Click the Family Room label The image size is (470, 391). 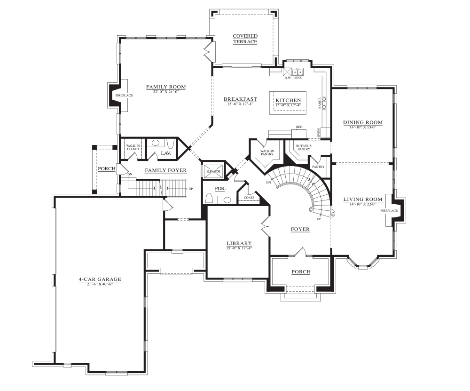(x=166, y=87)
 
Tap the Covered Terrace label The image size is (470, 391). (x=245, y=39)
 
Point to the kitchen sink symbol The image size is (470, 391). (x=298, y=72)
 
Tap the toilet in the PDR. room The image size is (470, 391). (x=210, y=199)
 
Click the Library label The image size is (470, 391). (x=239, y=243)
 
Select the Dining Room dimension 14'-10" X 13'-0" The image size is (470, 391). (x=363, y=127)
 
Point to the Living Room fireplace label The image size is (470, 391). (x=389, y=211)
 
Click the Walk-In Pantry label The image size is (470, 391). (x=267, y=152)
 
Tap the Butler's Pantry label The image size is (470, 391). (x=304, y=147)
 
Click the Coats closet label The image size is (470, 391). (x=249, y=198)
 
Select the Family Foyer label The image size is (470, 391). (x=166, y=170)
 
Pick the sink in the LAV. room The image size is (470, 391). (x=155, y=143)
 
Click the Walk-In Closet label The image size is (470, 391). (x=133, y=147)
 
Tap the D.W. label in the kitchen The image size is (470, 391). (x=288, y=78)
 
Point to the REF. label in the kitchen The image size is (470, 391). (x=299, y=127)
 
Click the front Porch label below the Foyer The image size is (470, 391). (x=301, y=271)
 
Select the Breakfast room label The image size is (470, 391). (x=240, y=99)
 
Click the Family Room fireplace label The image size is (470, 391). (x=124, y=96)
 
